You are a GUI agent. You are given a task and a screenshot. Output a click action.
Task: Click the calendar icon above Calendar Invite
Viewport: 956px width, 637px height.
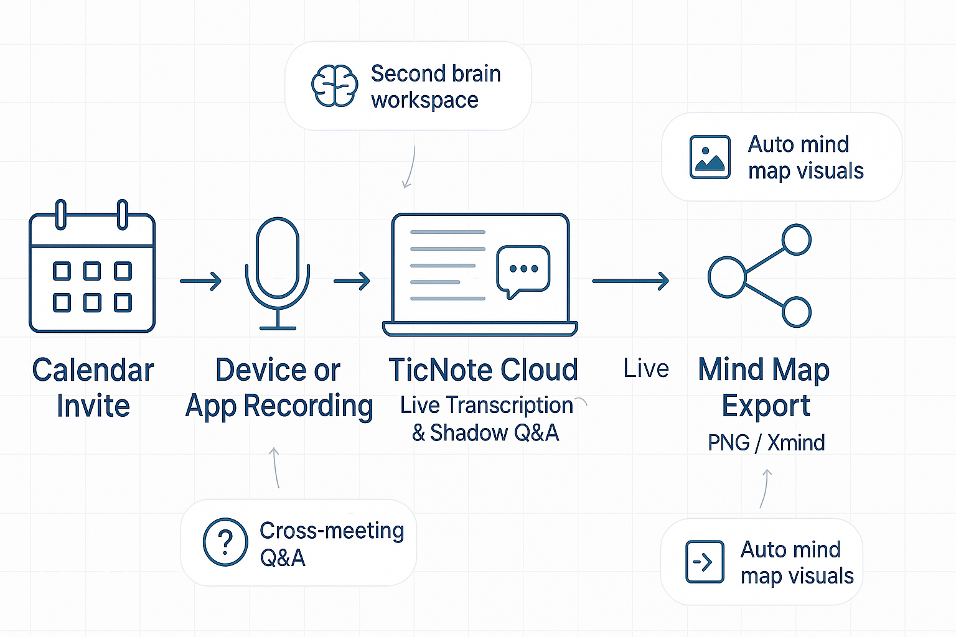point(92,269)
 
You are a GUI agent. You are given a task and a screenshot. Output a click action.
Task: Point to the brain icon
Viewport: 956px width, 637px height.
point(335,86)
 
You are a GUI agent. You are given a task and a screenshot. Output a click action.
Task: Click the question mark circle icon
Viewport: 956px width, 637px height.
point(225,542)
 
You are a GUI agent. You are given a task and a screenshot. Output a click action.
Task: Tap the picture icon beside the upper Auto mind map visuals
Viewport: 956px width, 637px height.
point(710,157)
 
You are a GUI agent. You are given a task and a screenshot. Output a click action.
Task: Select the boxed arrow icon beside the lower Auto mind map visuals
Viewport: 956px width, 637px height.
point(705,562)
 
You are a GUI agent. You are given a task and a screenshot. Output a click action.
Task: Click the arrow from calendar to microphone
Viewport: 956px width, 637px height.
point(201,281)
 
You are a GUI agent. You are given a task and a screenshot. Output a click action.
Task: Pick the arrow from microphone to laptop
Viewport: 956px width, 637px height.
point(352,281)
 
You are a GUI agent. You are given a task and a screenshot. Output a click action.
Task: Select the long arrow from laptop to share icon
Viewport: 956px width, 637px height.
point(630,281)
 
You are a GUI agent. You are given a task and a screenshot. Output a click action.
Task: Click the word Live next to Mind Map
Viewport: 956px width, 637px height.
point(646,369)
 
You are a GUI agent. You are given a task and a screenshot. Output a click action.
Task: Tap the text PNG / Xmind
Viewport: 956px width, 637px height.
point(766,442)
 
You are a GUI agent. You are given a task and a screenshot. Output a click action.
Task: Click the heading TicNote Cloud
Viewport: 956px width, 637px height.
point(483,370)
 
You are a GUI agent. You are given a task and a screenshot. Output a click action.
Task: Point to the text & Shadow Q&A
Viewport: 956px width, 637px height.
point(485,432)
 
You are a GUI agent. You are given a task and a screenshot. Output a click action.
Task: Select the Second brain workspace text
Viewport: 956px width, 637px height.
point(436,87)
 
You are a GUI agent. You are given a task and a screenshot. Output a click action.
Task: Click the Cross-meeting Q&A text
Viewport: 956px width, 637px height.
point(331,544)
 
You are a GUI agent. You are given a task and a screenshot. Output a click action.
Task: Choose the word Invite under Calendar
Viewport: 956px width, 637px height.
point(93,406)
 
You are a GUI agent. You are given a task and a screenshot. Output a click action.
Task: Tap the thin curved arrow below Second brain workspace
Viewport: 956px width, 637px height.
point(410,167)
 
